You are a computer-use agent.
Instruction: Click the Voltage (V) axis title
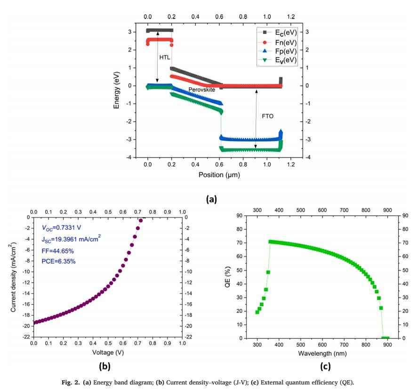pos(107,353)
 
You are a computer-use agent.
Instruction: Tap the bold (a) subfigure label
pos(210,199)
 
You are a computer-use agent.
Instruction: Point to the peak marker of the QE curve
pos(271,242)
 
